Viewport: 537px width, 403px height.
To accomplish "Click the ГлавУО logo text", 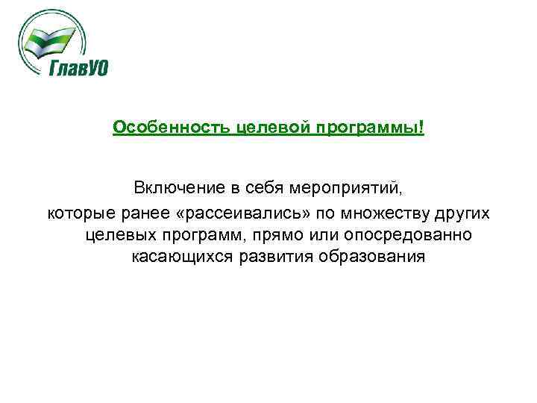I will (78, 68).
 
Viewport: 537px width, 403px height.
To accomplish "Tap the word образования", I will (362, 257).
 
